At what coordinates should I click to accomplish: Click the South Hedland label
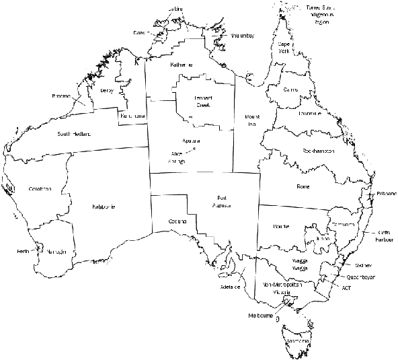73,134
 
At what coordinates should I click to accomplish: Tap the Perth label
24,252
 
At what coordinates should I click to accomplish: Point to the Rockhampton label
319,151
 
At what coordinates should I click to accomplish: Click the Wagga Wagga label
300,264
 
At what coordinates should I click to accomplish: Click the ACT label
346,287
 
